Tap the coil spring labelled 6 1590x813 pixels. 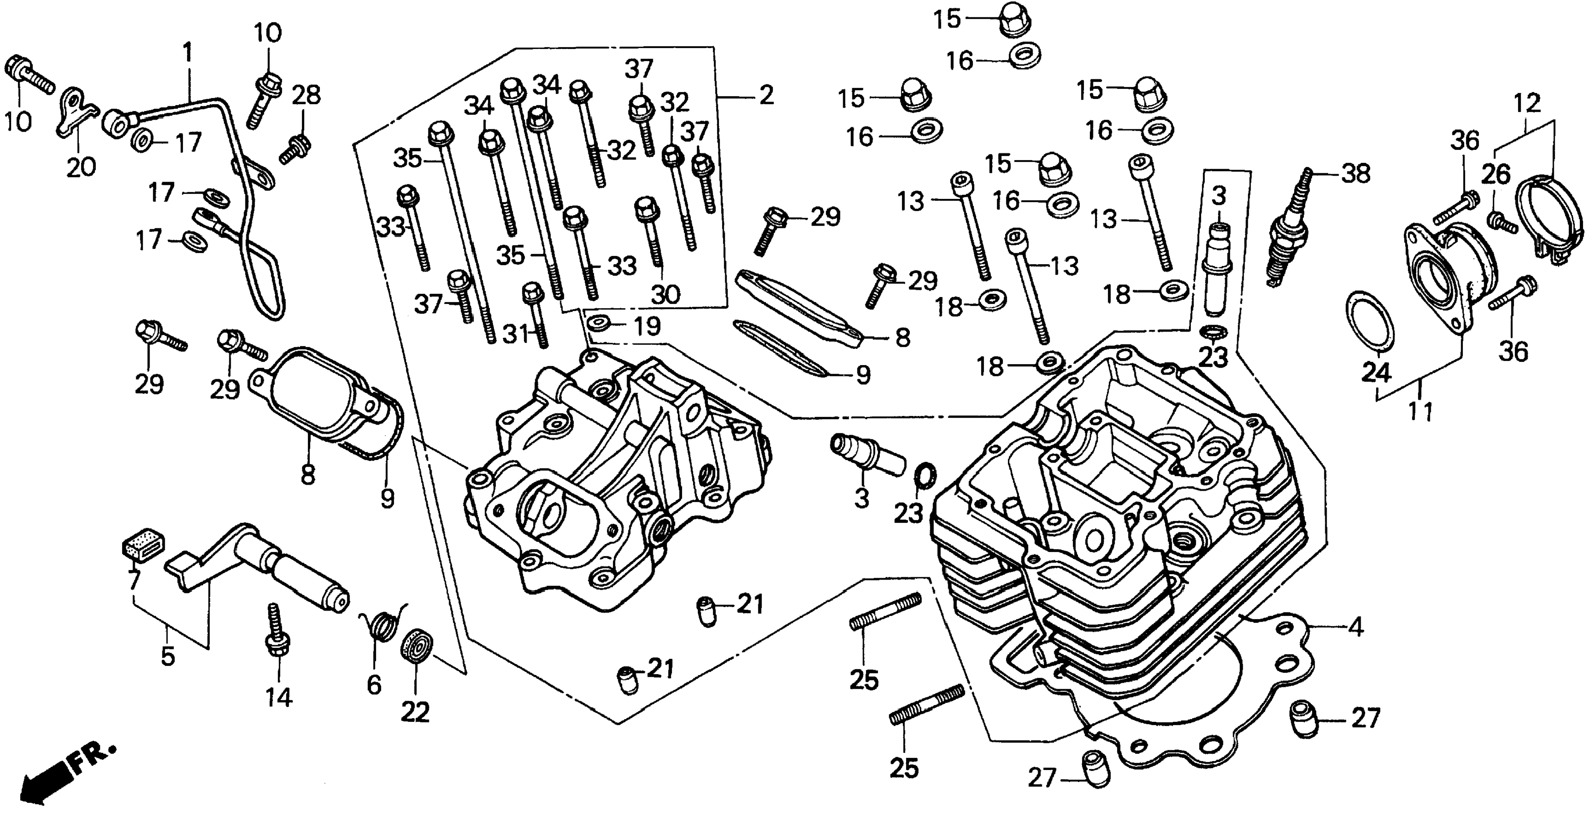(382, 623)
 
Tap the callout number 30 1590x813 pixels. (665, 294)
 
